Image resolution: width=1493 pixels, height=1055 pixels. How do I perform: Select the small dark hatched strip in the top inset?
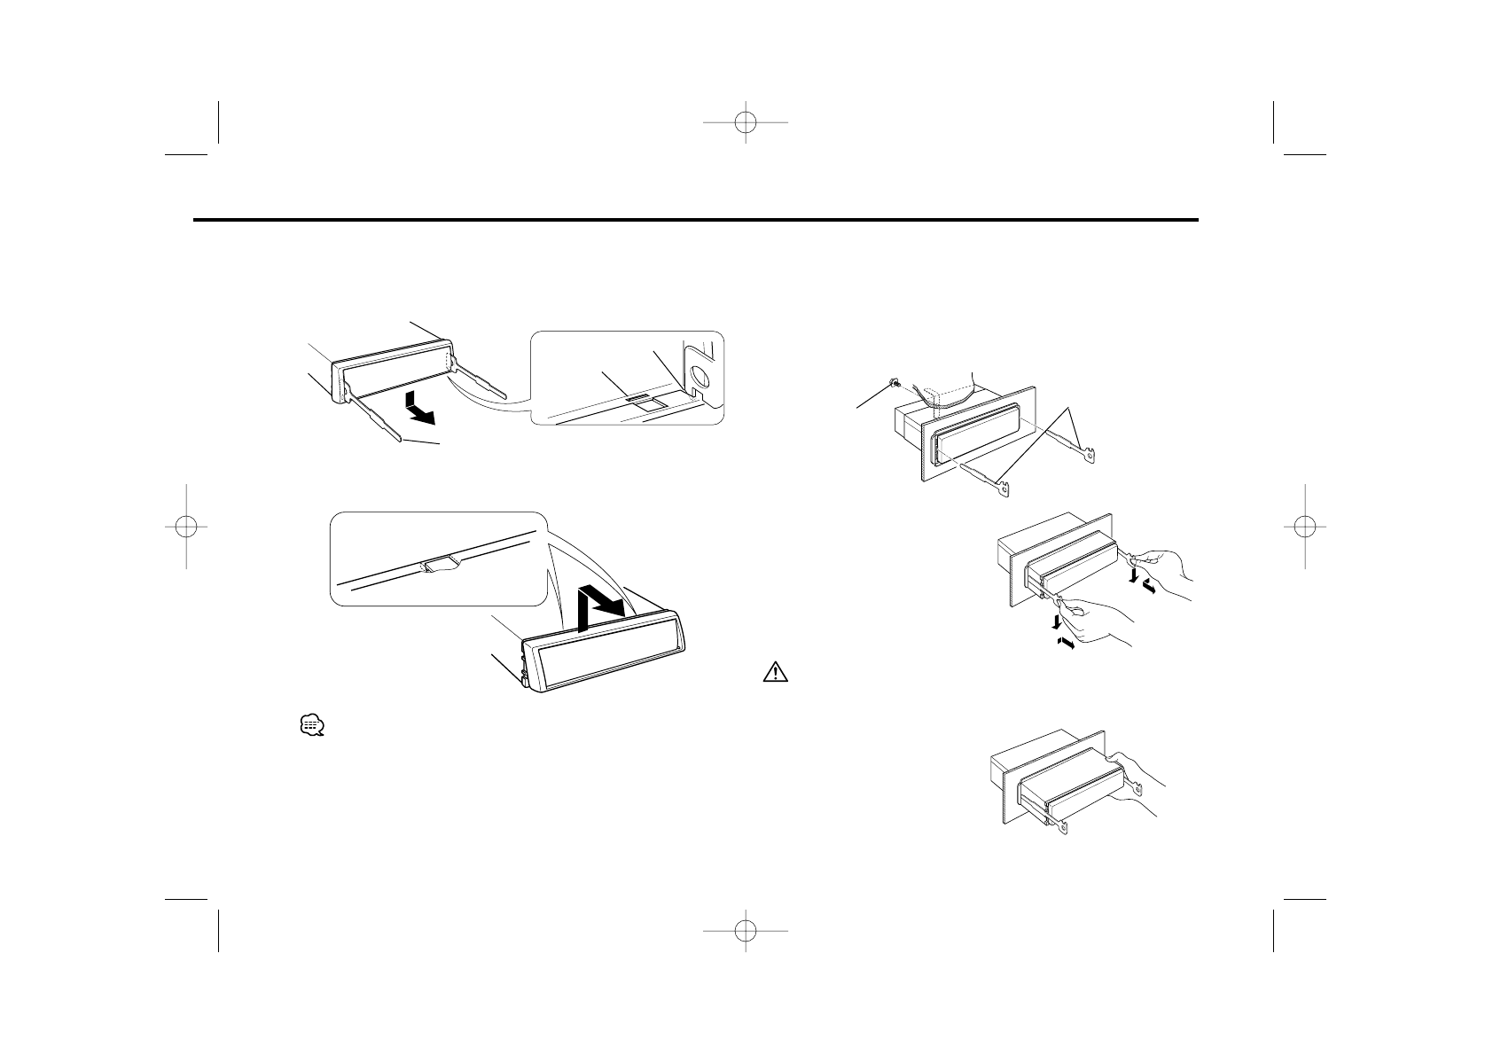coord(637,400)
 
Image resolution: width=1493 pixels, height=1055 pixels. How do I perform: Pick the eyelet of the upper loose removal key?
coord(1093,458)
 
